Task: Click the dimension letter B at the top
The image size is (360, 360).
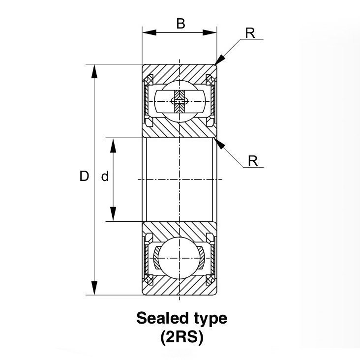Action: point(180,23)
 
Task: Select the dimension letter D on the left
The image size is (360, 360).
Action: point(84,176)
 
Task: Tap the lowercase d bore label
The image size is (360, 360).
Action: point(104,177)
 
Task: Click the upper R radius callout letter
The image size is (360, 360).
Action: point(250,33)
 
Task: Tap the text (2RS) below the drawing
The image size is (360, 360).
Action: point(181,338)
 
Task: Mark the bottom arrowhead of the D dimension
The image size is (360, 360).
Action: point(95,288)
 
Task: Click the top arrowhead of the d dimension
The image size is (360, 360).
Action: point(113,145)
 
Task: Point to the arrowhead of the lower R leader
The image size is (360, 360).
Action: point(220,143)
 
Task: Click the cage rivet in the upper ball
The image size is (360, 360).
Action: point(179,102)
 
